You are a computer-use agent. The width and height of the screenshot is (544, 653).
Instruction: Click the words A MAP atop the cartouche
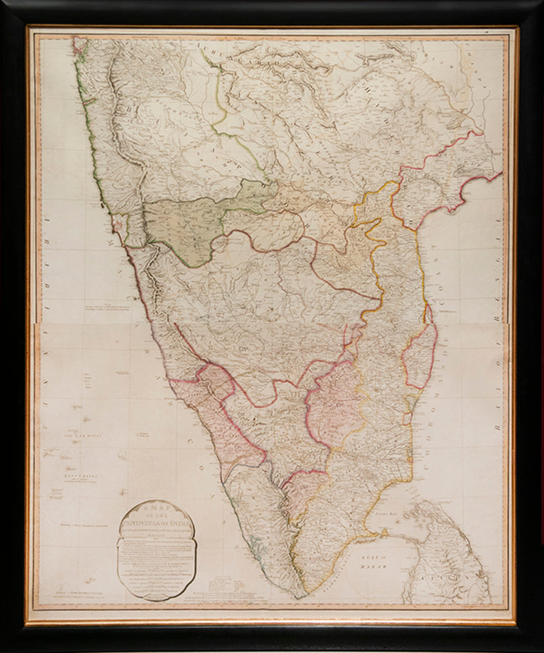(x=156, y=511)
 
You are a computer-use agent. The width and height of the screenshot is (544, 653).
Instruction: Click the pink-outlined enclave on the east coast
(x=419, y=356)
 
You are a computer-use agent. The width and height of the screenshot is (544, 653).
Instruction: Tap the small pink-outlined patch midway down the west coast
(x=118, y=222)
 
